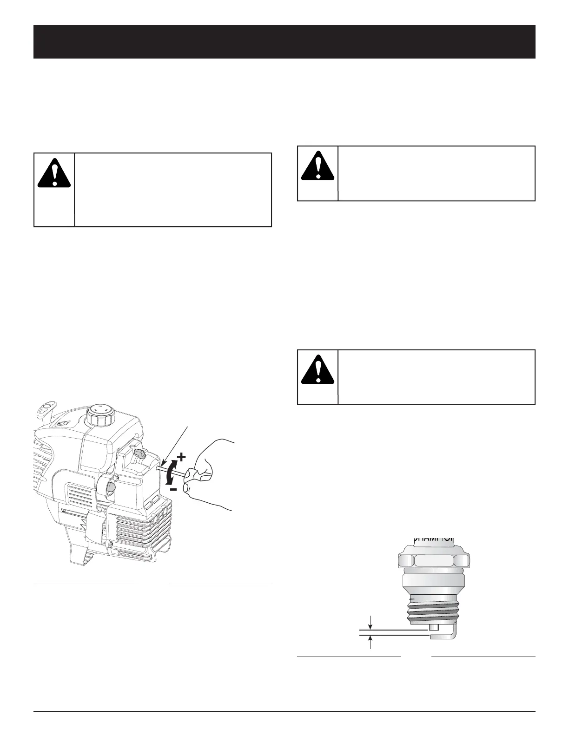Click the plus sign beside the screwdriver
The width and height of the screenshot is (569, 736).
coord(181,458)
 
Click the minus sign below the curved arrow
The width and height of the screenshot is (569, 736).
coord(172,490)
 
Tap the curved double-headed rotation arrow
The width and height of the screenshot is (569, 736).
coord(171,473)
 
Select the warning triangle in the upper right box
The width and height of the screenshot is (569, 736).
coord(318,166)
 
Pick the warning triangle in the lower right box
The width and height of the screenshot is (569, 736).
coord(318,370)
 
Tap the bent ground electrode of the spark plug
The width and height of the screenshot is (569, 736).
coord(452,632)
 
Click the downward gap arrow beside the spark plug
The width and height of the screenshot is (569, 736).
coord(370,621)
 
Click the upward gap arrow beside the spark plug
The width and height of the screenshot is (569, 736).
coord(370,642)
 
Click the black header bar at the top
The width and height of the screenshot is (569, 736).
coord(284,42)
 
